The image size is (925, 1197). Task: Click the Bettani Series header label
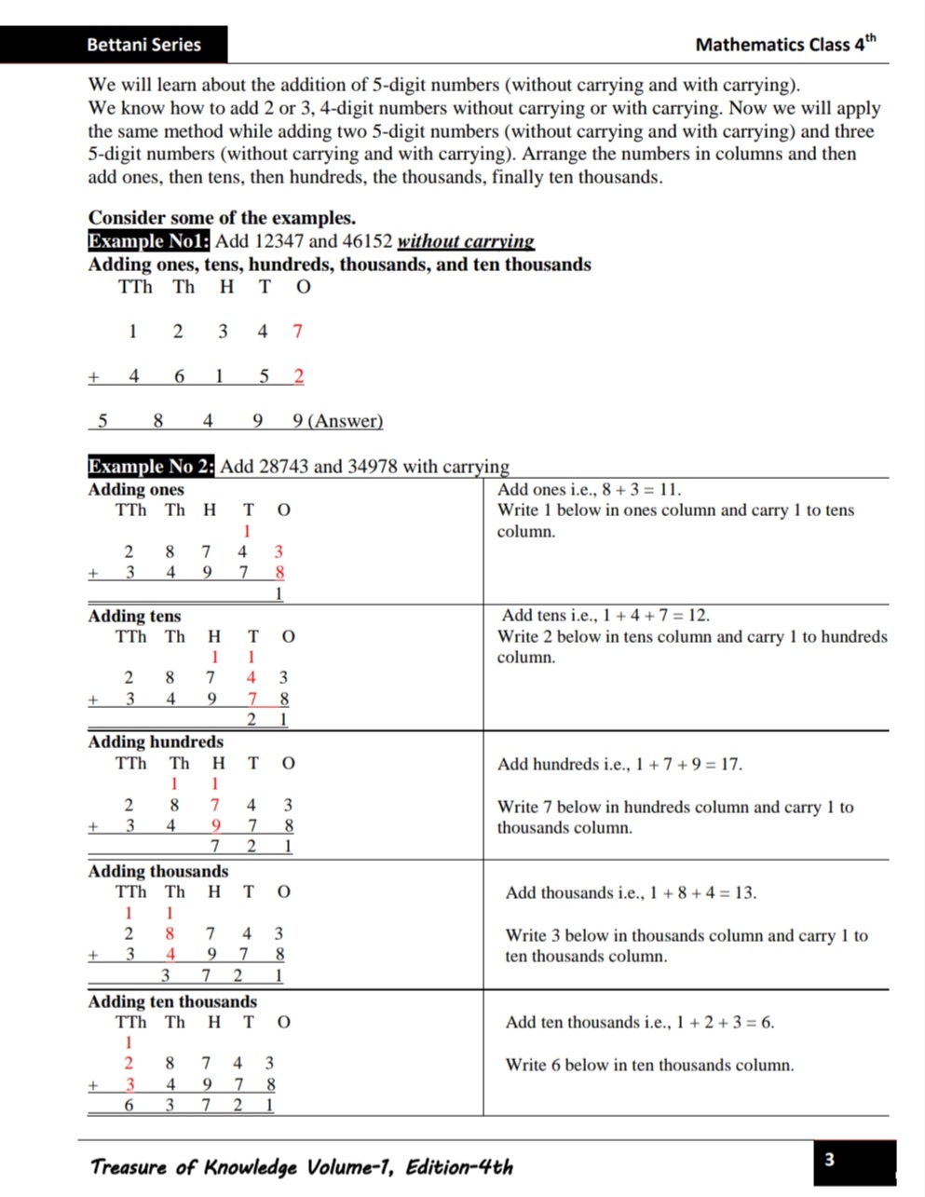(143, 44)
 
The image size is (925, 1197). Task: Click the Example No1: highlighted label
(149, 241)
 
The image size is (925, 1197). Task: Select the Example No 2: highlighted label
(151, 467)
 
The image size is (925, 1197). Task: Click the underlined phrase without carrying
(466, 241)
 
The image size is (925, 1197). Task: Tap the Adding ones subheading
(136, 490)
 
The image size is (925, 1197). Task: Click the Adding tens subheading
(134, 616)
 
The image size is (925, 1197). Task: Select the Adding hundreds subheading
(156, 742)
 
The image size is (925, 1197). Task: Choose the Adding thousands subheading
(157, 872)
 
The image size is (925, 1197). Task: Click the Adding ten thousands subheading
(172, 1002)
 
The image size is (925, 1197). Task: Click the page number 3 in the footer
(829, 1160)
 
